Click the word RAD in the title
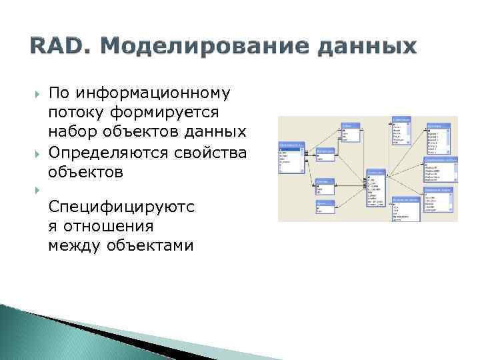[x=53, y=47]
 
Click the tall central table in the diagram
[x=375, y=190]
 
